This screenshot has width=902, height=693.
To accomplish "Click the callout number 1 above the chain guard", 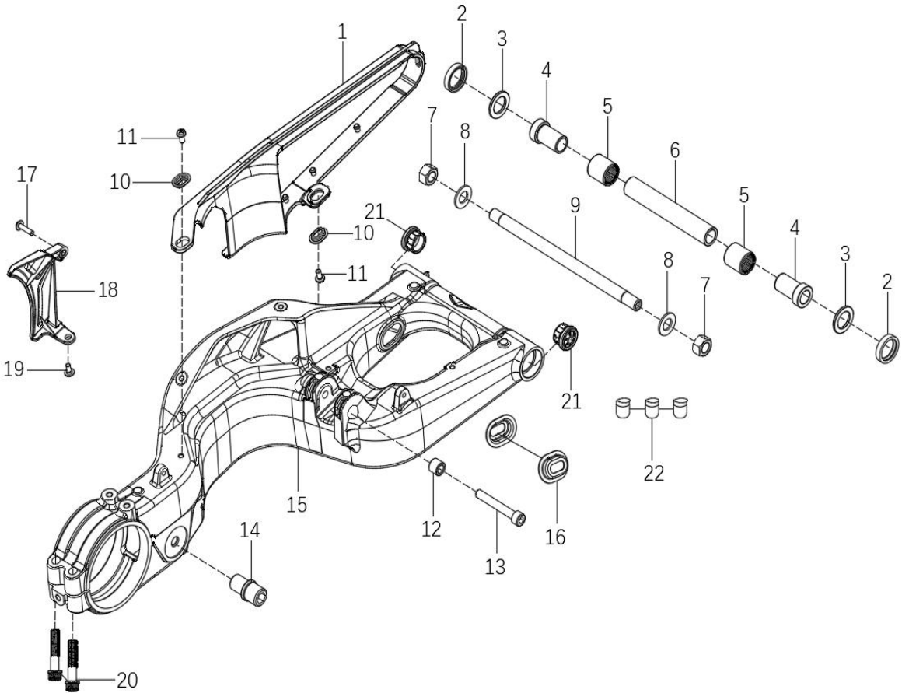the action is [x=343, y=32].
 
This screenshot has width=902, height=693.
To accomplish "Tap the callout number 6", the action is [x=675, y=150].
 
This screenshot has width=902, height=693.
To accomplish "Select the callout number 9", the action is [x=575, y=206].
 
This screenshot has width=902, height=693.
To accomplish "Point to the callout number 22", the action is [x=654, y=473].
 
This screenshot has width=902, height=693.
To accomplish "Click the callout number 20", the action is [x=127, y=681].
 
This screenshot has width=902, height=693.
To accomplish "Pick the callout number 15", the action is [x=297, y=504].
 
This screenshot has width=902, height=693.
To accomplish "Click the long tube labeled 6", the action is [x=671, y=211].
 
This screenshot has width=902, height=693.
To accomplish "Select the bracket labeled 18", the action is [x=39, y=292].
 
